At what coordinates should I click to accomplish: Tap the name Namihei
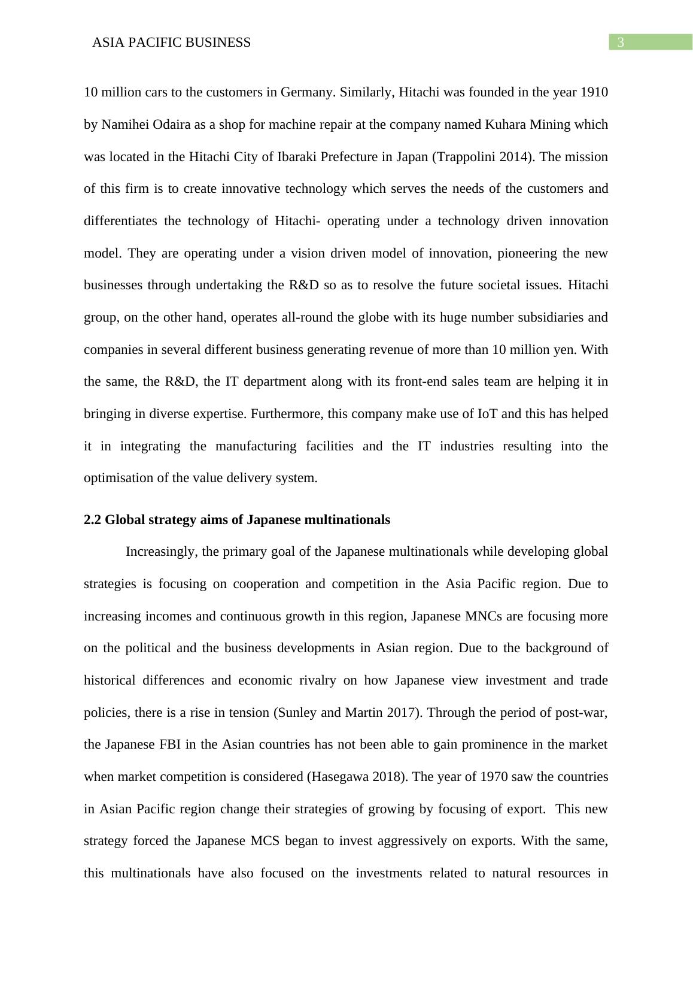tap(124, 125)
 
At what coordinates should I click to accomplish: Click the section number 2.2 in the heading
tap(93, 520)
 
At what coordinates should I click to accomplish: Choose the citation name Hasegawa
tap(337, 777)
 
